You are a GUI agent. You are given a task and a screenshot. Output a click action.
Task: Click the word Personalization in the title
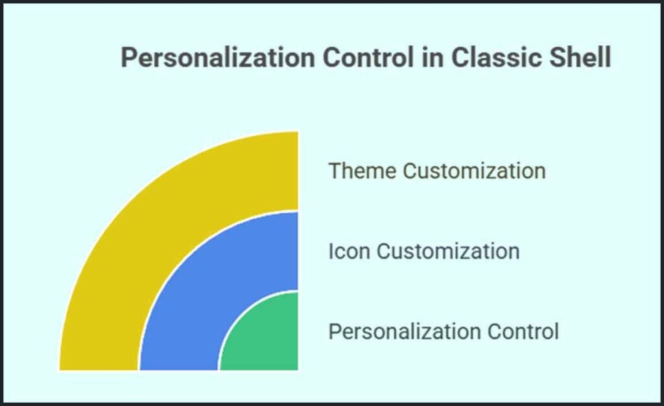click(218, 58)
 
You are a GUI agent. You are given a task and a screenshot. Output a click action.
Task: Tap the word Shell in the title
click(578, 58)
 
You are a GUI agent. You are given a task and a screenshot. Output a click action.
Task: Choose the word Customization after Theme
click(474, 171)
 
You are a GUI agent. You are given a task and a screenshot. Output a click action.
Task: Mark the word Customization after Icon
click(449, 251)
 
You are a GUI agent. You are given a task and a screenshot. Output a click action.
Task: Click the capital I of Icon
click(331, 251)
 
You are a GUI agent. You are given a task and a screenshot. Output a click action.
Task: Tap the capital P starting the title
click(129, 58)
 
